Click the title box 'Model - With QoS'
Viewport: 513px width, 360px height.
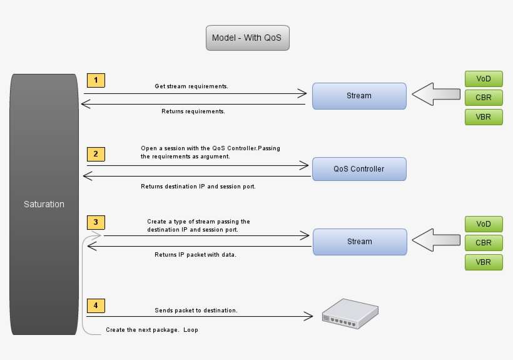[247, 38]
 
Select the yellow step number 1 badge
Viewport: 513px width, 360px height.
[96, 80]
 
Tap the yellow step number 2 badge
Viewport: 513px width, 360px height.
[96, 154]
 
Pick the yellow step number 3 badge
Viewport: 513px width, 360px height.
[96, 222]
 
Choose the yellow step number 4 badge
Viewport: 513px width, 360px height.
[96, 306]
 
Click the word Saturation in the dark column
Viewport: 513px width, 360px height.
[44, 204]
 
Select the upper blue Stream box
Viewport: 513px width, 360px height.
[359, 96]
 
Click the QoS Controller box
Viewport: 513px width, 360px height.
[359, 169]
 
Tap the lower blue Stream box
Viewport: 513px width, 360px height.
[359, 242]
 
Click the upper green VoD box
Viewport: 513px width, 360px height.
[484, 79]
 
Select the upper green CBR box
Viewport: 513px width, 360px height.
[484, 98]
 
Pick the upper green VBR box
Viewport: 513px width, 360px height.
[484, 117]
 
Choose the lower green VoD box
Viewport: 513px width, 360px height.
[484, 224]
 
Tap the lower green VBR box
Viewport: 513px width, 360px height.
[484, 262]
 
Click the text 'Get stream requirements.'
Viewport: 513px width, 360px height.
[191, 86]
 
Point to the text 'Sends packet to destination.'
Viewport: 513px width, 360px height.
[196, 311]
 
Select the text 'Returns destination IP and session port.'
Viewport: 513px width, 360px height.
[198, 187]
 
